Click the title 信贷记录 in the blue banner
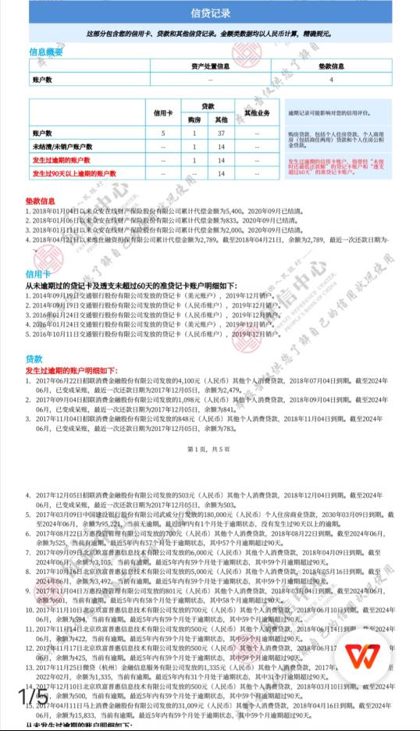pyautogui.click(x=210, y=13)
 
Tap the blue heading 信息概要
pyautogui.click(x=46, y=52)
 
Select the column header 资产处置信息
pyautogui.click(x=210, y=66)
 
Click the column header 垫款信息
pyautogui.click(x=331, y=66)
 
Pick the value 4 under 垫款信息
pyautogui.click(x=331, y=80)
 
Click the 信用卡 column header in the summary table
pyautogui.click(x=164, y=112)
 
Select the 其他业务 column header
pyautogui.click(x=257, y=112)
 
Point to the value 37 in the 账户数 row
pyautogui.click(x=222, y=134)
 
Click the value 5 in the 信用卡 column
pyautogui.click(x=164, y=134)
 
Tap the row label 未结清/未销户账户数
pyautogui.click(x=62, y=148)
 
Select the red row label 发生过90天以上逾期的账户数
pyautogui.click(x=74, y=173)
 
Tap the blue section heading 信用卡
pyautogui.click(x=38, y=275)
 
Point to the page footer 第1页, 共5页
pyautogui.click(x=209, y=450)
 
